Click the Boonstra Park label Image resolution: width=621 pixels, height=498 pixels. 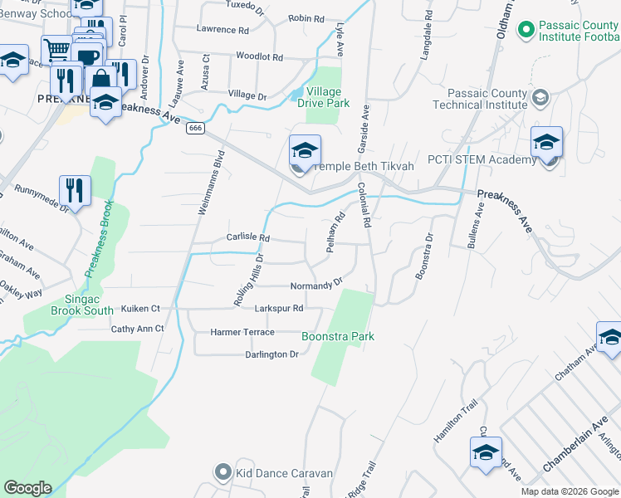(337, 336)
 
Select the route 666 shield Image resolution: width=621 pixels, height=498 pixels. (196, 128)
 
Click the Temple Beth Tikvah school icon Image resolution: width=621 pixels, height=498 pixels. (305, 152)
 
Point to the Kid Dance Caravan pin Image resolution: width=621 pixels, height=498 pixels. (222, 473)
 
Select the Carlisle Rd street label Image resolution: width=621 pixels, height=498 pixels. (248, 237)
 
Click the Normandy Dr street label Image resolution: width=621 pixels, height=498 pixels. (316, 286)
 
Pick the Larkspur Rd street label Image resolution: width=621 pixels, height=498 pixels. (278, 308)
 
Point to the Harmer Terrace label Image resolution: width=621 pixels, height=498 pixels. (242, 332)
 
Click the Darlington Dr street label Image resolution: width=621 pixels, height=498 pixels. (271, 354)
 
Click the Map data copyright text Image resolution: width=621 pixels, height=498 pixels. (570, 491)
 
